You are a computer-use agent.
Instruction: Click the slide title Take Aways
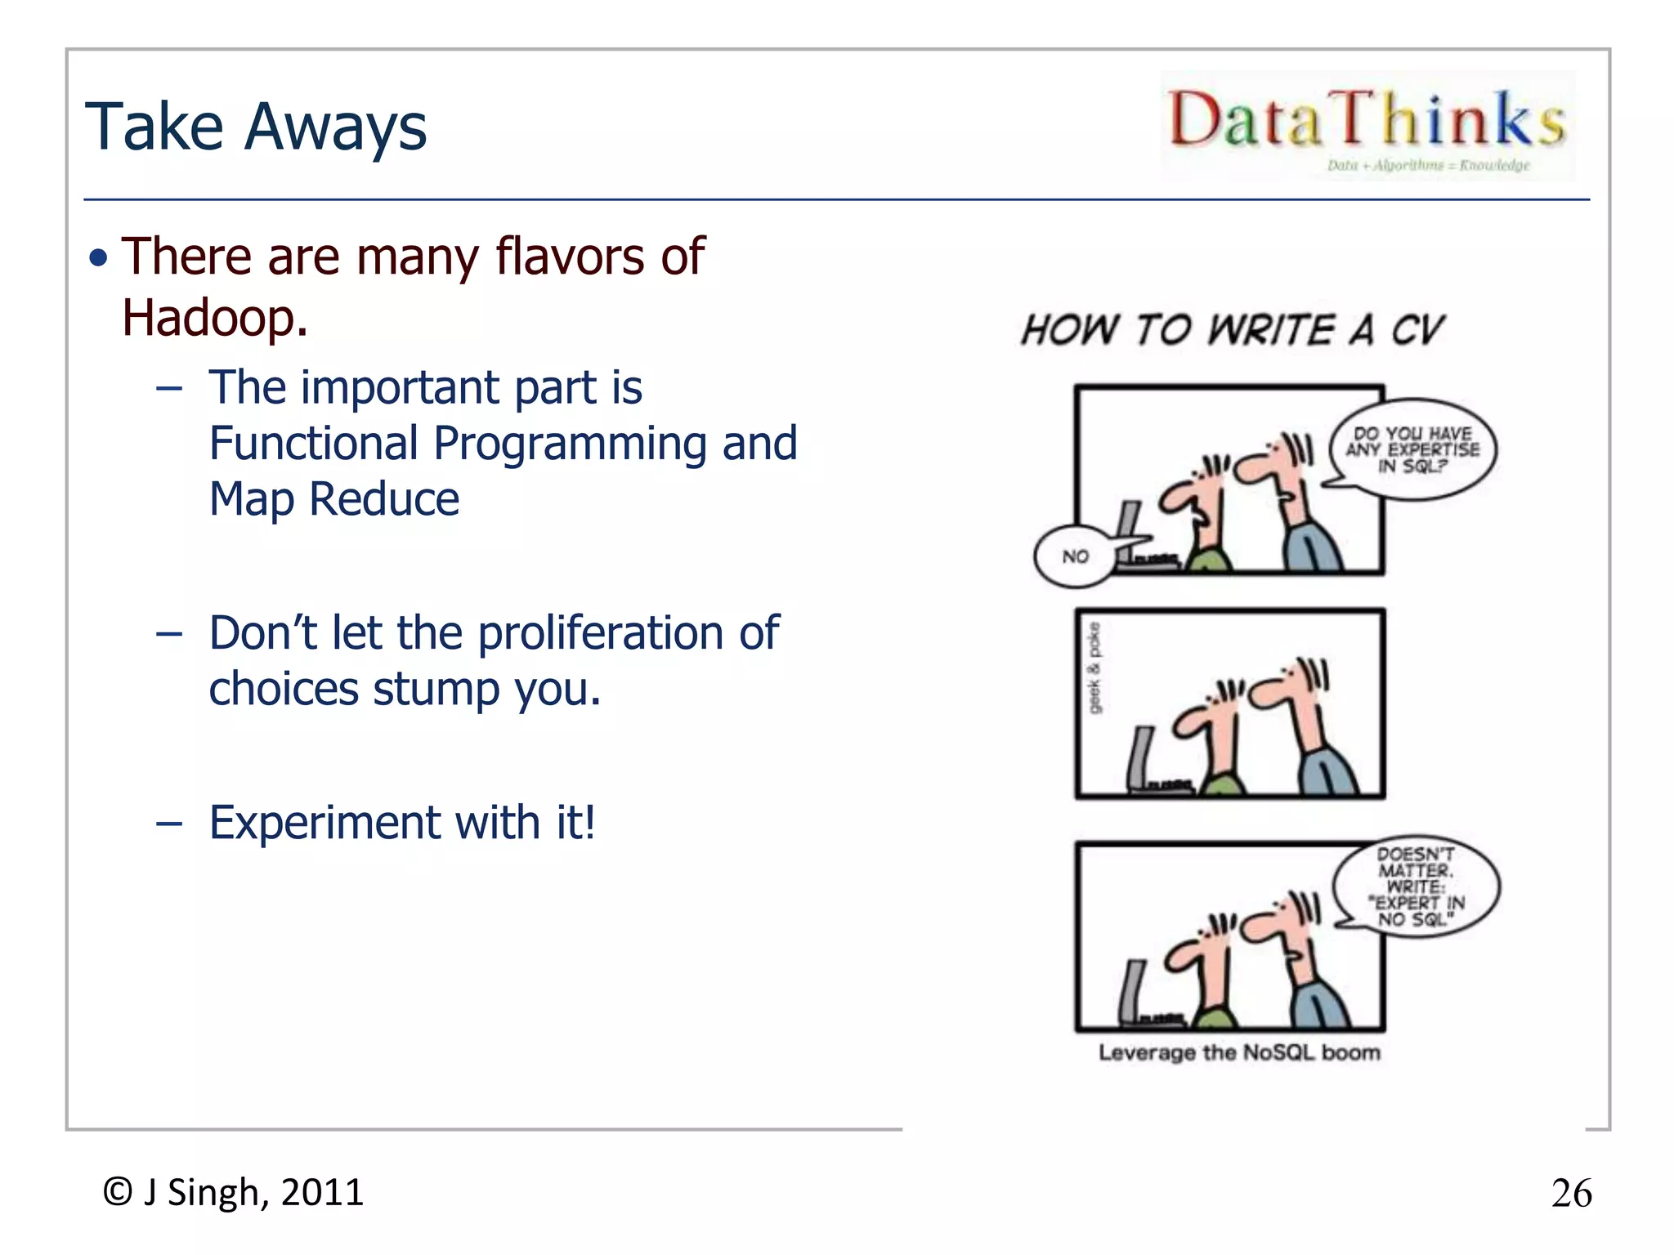click(256, 127)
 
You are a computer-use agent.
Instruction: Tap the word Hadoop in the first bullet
click(214, 317)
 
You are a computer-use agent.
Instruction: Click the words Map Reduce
click(334, 499)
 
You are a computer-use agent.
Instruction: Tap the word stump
click(436, 689)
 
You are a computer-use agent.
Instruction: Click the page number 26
click(1571, 1194)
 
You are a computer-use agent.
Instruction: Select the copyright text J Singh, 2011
click(253, 1192)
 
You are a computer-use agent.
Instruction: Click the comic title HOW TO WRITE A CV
click(1233, 330)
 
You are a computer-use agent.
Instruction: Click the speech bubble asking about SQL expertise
click(1412, 449)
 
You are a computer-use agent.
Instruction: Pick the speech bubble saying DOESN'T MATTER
click(1416, 887)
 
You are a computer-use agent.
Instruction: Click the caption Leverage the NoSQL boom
click(1239, 1052)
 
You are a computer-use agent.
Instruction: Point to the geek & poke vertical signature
click(1094, 667)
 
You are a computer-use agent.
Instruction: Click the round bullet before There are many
click(99, 258)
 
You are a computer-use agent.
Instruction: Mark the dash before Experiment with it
click(168, 824)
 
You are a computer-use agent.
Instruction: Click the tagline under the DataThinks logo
click(1428, 166)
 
